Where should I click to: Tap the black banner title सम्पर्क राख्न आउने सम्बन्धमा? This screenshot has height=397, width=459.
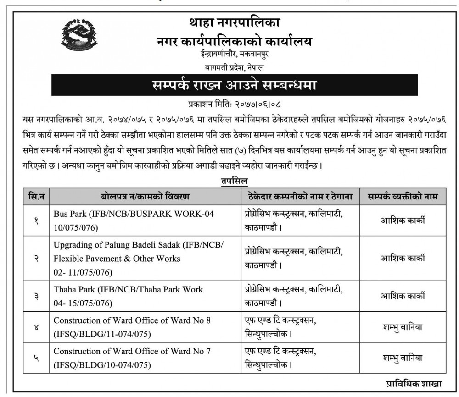tap(235, 86)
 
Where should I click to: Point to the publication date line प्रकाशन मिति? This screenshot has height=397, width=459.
tap(235, 105)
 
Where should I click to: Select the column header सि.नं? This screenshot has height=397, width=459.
tap(36, 197)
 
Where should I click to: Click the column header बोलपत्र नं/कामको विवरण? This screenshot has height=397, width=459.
tap(146, 197)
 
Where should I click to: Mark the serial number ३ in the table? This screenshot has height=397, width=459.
tap(36, 297)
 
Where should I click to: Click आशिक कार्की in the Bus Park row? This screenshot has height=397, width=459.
tap(403, 221)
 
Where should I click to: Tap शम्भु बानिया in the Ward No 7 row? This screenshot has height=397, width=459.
tap(403, 358)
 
